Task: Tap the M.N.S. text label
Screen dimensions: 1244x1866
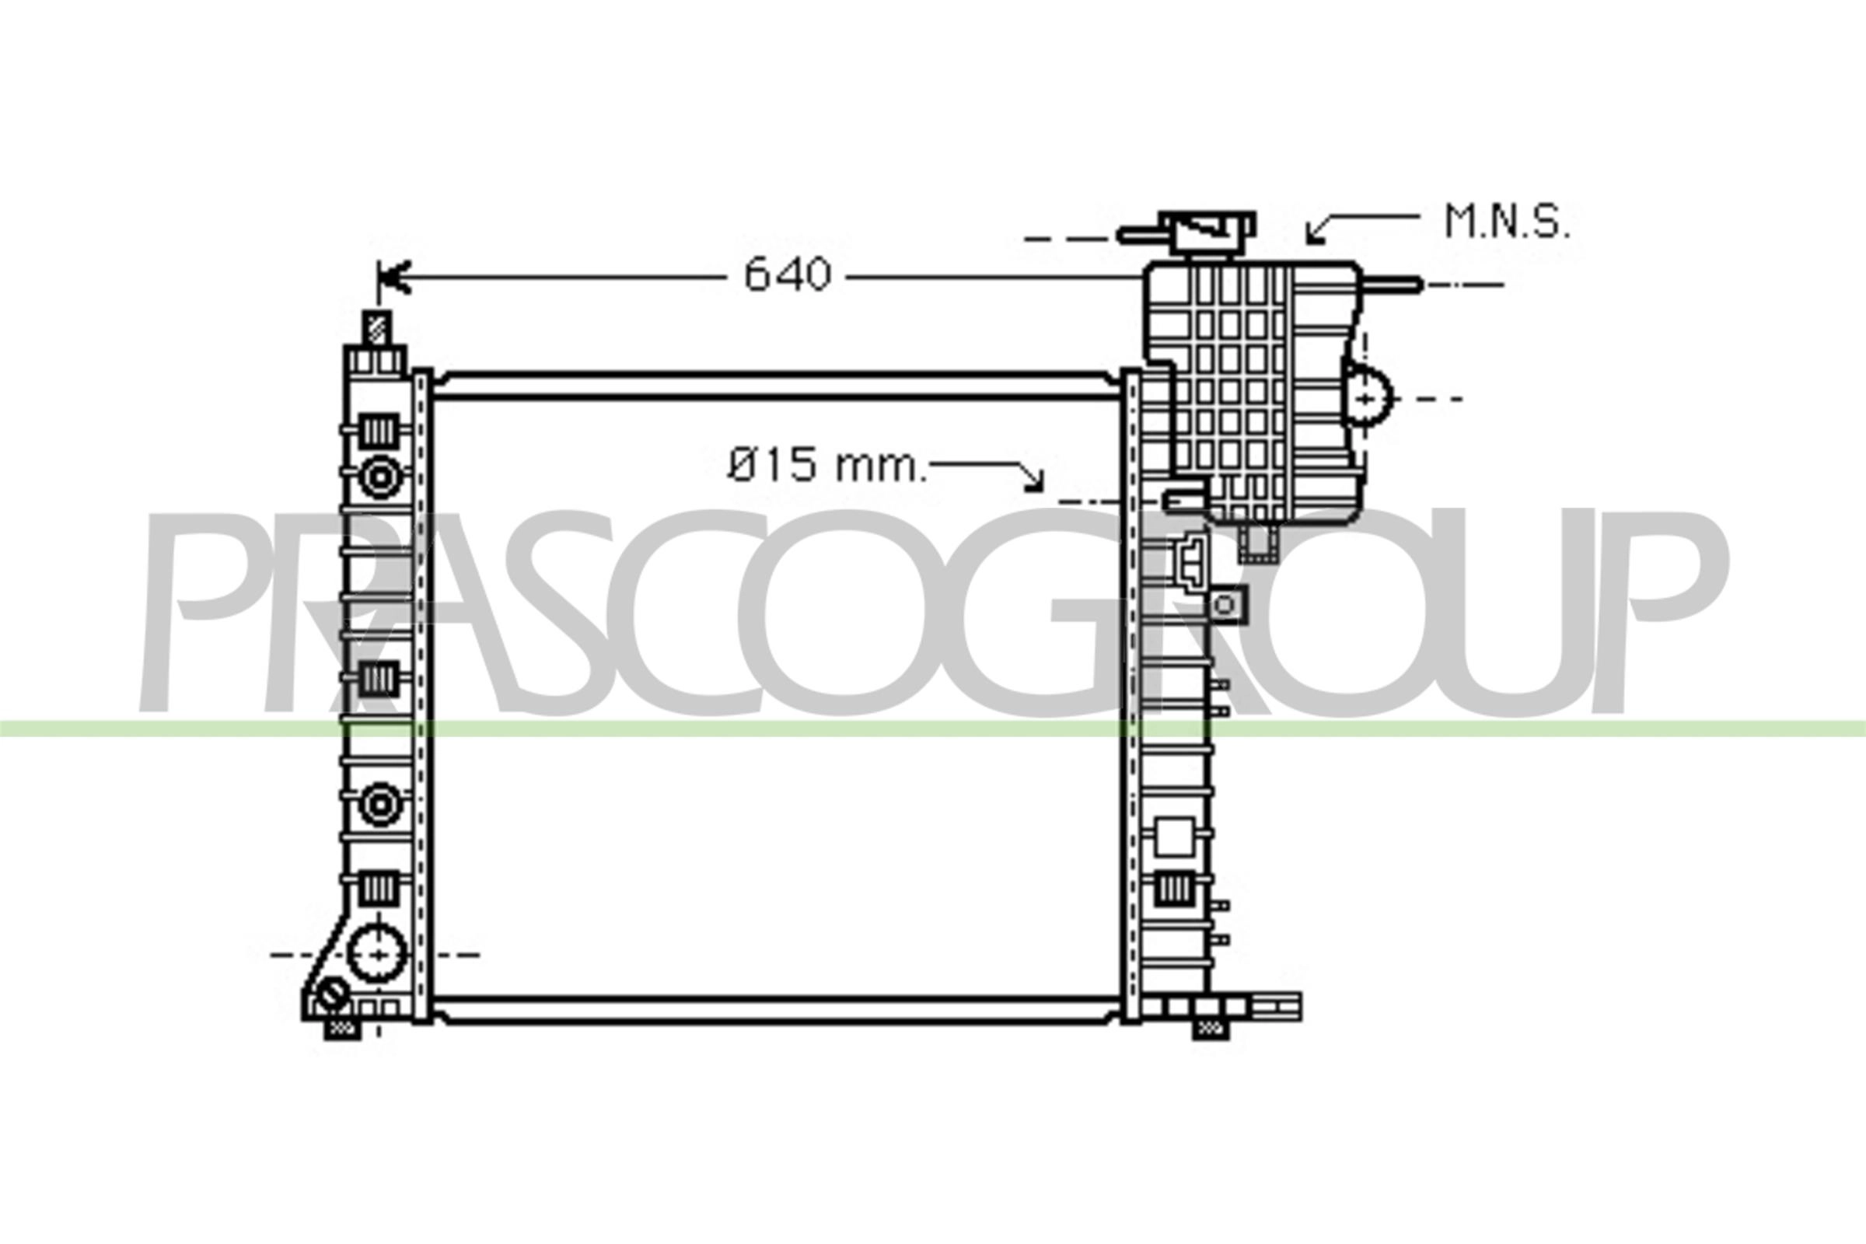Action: tap(1507, 223)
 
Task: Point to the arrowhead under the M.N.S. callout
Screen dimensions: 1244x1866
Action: tap(1315, 234)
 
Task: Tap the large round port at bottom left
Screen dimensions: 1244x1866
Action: tap(377, 954)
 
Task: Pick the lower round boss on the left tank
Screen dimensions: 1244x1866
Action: tap(379, 805)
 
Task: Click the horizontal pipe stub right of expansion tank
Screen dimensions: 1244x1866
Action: tap(1392, 284)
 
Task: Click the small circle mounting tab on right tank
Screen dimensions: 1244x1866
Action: tap(1224, 606)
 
